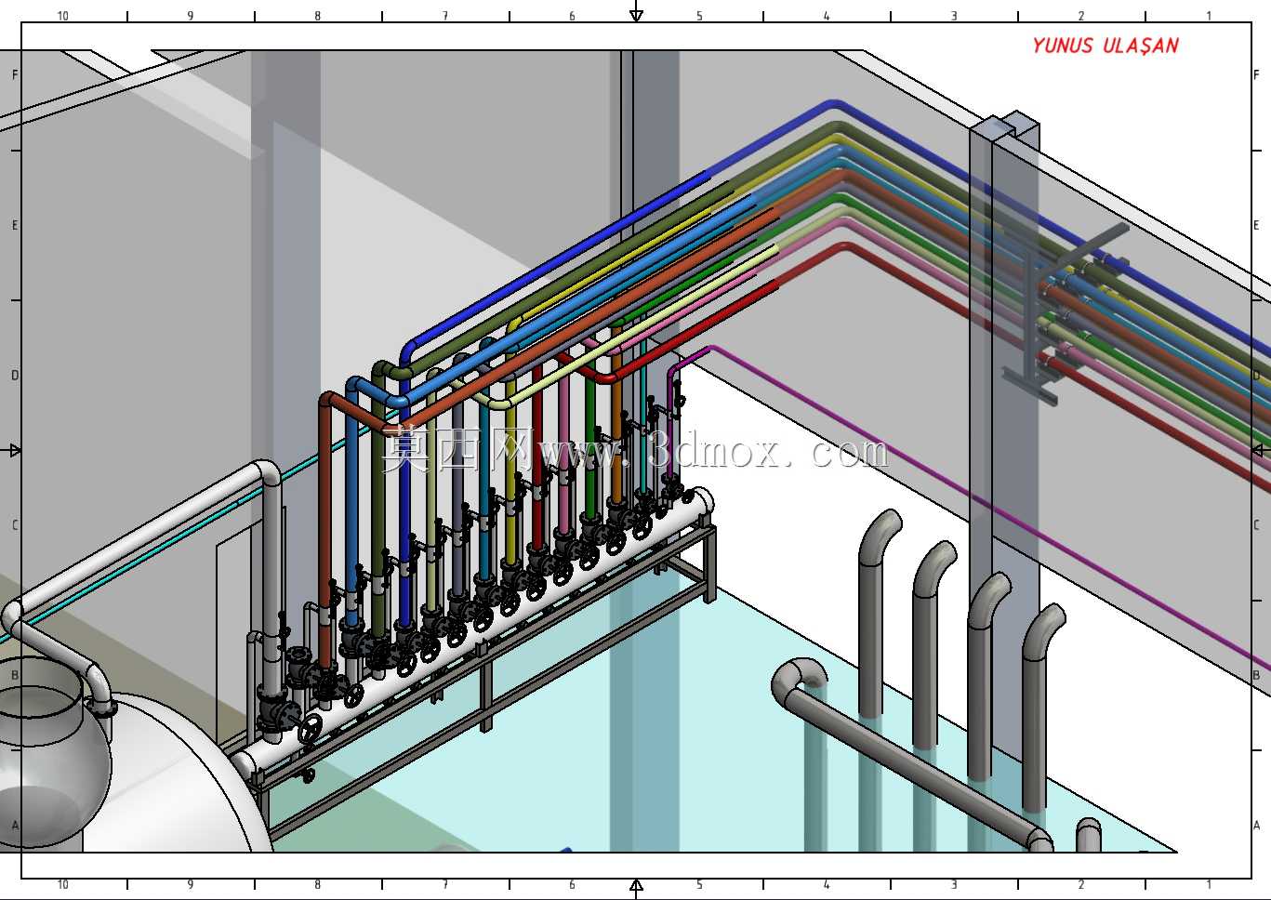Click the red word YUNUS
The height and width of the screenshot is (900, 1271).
pos(1062,46)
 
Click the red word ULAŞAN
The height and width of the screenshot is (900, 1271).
pos(1141,46)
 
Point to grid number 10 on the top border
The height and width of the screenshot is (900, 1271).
pos(62,16)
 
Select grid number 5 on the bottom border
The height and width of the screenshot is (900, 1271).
pos(699,884)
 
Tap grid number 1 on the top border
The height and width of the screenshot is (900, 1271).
pos(1209,16)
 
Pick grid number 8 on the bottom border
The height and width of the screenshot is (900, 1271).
pos(317,884)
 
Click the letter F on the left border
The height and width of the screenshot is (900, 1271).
pos(15,75)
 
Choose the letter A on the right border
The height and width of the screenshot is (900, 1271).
pos(1256,825)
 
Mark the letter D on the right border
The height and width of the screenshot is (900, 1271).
pos(1256,375)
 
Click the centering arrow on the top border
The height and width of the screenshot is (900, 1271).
pos(636,12)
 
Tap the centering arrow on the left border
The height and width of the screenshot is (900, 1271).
pos(14,451)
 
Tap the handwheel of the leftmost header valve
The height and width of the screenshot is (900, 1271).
pos(311,728)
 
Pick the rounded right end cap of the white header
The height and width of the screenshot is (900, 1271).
pos(704,501)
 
